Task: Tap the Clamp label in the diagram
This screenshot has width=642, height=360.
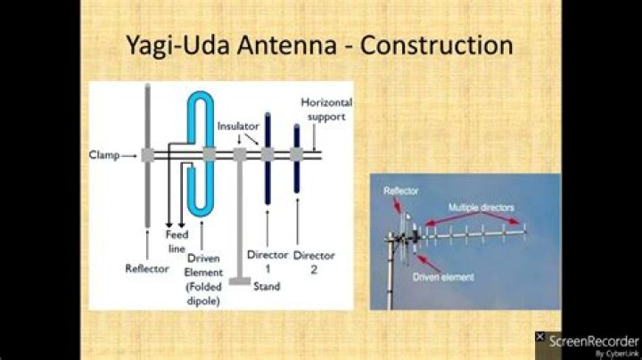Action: (x=104, y=154)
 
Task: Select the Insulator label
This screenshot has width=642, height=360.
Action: (x=237, y=127)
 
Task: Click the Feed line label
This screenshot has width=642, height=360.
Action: (x=176, y=240)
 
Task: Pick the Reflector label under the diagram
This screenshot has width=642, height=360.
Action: (x=147, y=267)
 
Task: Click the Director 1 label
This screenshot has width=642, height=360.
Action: (x=267, y=260)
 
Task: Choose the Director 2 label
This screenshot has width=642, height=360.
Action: (x=313, y=260)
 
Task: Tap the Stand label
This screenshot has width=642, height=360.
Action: (x=267, y=286)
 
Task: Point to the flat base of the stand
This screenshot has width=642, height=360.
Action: (x=238, y=282)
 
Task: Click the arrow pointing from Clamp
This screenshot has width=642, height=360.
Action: (x=131, y=155)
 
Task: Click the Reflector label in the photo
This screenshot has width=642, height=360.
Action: (x=401, y=191)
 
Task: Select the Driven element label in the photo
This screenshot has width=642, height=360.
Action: (x=444, y=277)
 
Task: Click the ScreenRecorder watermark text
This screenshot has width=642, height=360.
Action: (x=593, y=340)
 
